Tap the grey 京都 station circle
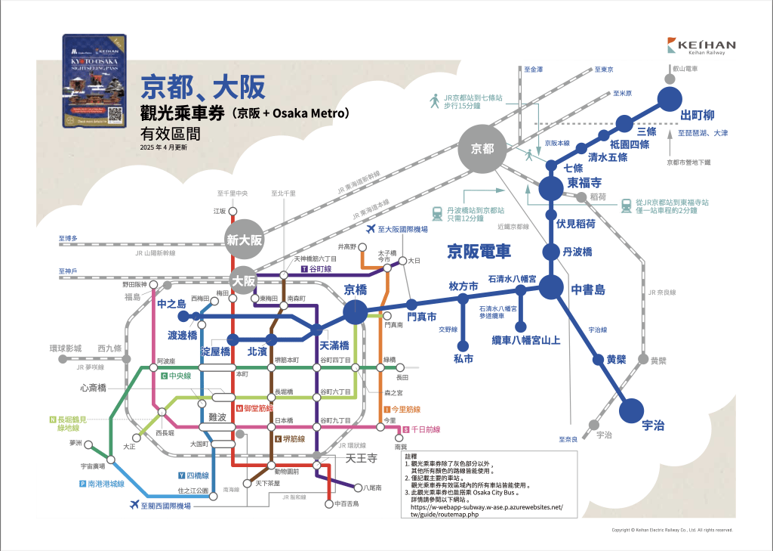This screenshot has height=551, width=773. (x=481, y=149)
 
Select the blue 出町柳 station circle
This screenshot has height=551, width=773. (x=669, y=99)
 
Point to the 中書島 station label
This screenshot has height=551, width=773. (x=589, y=289)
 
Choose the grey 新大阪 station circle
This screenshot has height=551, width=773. (x=244, y=240)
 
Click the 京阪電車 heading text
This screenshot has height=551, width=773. (x=479, y=250)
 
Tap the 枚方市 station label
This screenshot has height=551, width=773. (x=463, y=286)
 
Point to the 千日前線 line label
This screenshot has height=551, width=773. (x=424, y=429)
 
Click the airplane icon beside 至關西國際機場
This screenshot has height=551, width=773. (x=135, y=504)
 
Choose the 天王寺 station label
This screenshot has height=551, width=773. (x=361, y=458)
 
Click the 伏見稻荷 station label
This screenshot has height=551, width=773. (x=576, y=224)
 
